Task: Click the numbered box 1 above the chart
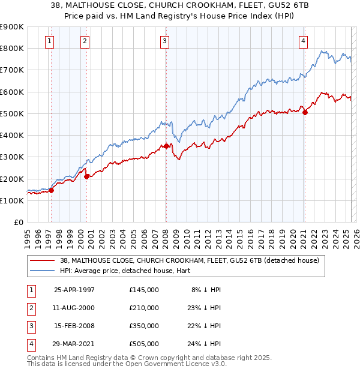click(49, 41)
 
